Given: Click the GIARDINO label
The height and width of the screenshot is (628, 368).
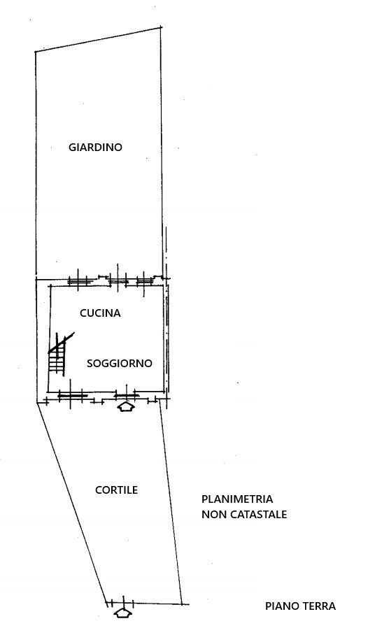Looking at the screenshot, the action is tap(95, 148).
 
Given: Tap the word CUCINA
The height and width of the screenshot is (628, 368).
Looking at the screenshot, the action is tap(100, 313).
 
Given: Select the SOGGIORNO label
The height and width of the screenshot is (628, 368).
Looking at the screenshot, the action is tap(120, 363).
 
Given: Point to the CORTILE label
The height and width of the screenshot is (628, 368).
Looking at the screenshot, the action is tap(117, 490).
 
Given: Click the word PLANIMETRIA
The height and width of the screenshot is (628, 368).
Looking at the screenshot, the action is tap(237, 499).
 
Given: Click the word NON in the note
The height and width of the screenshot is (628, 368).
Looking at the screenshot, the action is tap(213, 514).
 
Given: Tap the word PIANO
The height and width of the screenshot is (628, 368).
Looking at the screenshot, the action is tap(281, 606).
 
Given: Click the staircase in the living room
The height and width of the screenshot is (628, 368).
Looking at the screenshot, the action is tap(57, 354).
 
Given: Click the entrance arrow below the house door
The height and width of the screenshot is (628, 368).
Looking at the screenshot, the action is tap(125, 407).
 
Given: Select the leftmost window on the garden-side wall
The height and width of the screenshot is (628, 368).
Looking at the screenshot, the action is tap(78, 280).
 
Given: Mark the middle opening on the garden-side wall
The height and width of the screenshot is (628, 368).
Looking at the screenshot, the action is tap(118, 280).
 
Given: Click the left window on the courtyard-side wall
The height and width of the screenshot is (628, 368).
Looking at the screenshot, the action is tap(72, 396).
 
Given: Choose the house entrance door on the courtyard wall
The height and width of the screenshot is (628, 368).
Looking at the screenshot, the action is tap(127, 396).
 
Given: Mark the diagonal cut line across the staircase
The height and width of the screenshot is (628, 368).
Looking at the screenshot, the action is tap(62, 343).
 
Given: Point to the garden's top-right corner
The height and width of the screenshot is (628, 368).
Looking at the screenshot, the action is tap(161, 27).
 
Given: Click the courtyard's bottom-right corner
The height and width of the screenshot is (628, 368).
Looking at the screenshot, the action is tap(182, 604).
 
